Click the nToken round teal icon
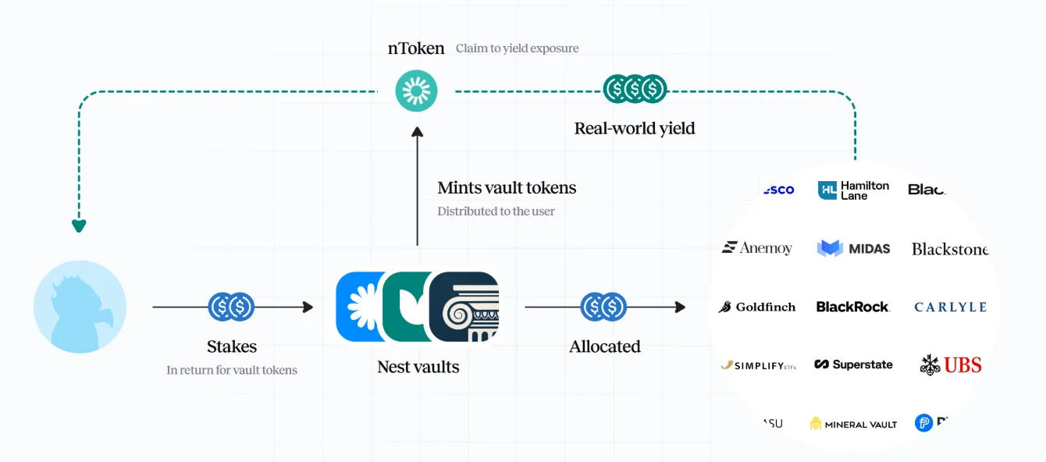[416, 91]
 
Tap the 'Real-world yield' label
[634, 128]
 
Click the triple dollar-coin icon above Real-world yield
[635, 90]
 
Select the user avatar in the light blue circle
[80, 307]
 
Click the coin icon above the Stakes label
[232, 307]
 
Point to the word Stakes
[232, 346]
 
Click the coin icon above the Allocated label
[604, 307]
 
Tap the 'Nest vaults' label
[418, 367]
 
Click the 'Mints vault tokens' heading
[507, 188]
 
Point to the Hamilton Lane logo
[853, 190]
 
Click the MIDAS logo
[853, 248]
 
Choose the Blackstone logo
[949, 249]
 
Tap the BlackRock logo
[852, 307]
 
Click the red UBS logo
[951, 364]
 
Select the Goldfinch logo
[756, 307]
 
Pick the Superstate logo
[853, 364]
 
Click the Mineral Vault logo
[853, 424]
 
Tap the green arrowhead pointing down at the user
[79, 226]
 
